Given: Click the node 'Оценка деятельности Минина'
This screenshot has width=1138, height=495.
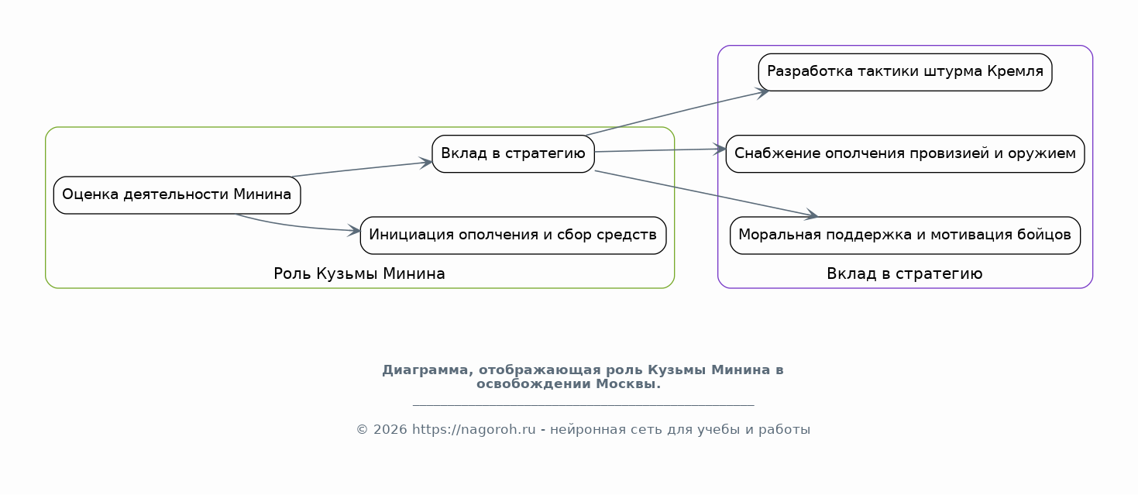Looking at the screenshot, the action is coord(177,195).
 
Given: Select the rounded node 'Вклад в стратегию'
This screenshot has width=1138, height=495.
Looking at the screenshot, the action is coord(513,153).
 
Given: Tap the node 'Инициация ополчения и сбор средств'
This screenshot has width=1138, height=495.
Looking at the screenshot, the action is coord(513,235).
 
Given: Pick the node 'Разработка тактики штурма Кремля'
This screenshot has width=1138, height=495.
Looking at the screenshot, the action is coord(905,72).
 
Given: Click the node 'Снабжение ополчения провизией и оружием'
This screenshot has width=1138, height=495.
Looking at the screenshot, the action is coord(905,153).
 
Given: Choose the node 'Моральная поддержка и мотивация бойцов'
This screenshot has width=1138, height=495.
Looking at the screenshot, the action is coord(905,235).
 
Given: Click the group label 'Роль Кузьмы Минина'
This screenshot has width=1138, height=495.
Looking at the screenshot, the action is coord(359,274).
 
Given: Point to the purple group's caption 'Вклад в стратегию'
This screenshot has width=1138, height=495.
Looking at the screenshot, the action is coord(904,274).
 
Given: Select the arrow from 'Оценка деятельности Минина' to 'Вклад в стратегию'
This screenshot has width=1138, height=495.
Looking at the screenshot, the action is coord(362,169).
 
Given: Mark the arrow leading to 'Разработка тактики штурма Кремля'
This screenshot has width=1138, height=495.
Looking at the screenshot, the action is coord(677,113).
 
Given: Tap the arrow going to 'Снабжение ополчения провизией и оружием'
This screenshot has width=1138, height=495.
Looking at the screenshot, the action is coord(661,150).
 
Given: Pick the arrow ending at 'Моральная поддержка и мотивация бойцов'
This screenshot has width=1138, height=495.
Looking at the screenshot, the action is coord(707,194).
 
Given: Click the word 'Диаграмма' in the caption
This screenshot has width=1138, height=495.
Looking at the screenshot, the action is coord(428,370).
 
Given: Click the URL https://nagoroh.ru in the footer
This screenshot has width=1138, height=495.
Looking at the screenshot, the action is coord(473,429).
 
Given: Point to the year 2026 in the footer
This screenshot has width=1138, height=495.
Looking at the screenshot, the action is coord(390,429).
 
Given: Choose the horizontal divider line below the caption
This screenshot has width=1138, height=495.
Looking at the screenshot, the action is coord(583,405).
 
